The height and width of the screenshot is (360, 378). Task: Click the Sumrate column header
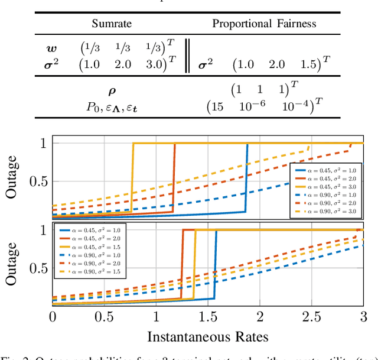click(112, 24)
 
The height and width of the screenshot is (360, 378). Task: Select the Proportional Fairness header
click(265, 24)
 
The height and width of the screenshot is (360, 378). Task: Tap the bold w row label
click(53, 48)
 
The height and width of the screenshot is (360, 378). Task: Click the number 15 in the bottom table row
click(217, 108)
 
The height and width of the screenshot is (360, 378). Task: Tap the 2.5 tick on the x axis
click(312, 317)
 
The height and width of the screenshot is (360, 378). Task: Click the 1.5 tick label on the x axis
click(208, 317)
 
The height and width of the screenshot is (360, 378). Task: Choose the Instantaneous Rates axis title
click(208, 337)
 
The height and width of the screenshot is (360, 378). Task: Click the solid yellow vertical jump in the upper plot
click(132, 177)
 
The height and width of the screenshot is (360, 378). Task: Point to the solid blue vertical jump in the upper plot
click(246, 177)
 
